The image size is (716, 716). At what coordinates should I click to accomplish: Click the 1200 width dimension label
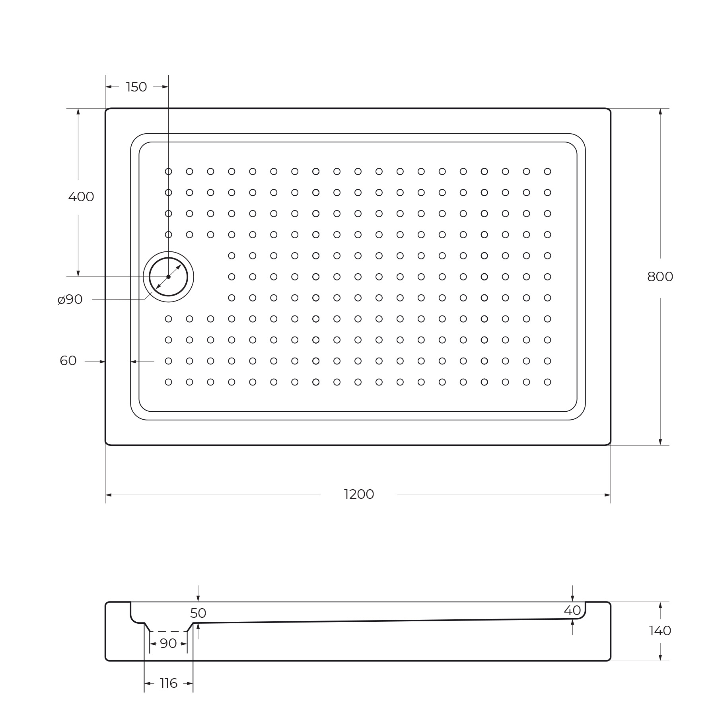click(359, 494)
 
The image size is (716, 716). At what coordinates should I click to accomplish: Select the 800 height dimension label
click(660, 277)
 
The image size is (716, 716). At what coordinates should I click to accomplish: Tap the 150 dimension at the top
click(136, 87)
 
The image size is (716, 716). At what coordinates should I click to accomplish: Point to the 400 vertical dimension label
click(81, 197)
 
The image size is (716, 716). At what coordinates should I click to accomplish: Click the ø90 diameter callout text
click(70, 300)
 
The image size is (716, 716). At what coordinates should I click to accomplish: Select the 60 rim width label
click(68, 361)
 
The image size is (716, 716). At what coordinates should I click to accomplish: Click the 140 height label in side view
click(660, 630)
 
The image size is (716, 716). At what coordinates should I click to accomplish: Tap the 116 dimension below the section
click(168, 683)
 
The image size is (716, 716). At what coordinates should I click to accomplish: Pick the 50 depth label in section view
click(198, 613)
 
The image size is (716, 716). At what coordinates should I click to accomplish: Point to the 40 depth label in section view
click(572, 610)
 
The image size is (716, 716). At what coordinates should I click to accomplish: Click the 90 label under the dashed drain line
click(168, 644)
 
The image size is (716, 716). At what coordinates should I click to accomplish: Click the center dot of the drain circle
click(168, 277)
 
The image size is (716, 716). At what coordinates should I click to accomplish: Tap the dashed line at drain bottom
click(168, 631)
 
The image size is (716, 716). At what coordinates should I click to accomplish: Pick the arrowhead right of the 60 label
click(102, 362)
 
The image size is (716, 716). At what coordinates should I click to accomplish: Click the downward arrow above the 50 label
click(198, 598)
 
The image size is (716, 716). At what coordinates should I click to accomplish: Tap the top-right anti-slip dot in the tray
click(547, 171)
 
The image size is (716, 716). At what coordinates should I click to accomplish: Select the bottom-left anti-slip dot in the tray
click(168, 382)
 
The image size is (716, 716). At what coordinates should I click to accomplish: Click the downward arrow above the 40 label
click(572, 598)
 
